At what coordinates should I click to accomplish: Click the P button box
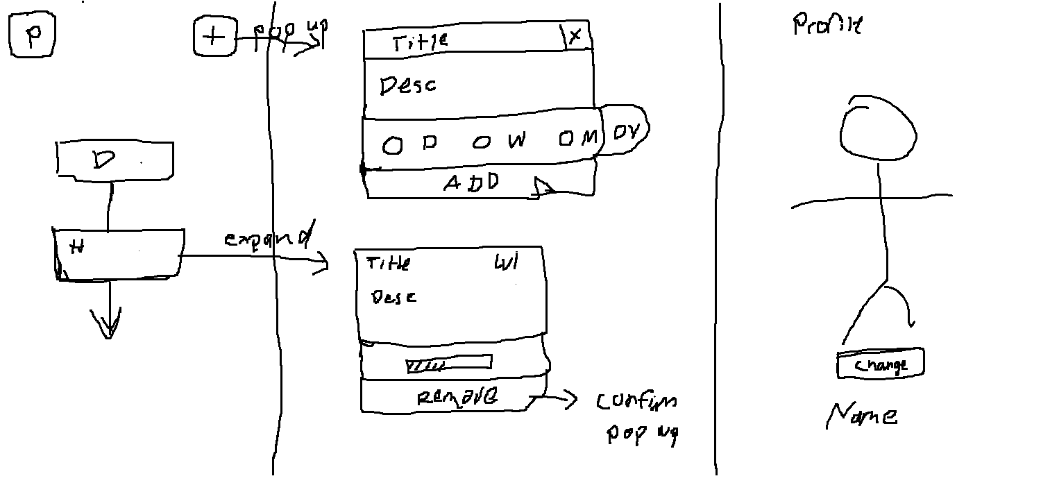click(x=32, y=36)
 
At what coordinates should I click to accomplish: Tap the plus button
click(x=213, y=36)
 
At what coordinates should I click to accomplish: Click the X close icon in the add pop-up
click(x=575, y=37)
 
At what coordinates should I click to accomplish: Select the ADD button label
click(x=472, y=183)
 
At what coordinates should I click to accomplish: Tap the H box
click(x=119, y=254)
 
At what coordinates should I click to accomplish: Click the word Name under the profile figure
click(x=862, y=416)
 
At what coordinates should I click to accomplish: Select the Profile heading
click(x=827, y=26)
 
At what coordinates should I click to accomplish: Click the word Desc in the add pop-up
click(x=408, y=86)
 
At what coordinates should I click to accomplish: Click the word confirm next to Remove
click(x=636, y=401)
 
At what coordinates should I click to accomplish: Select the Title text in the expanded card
click(x=388, y=264)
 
